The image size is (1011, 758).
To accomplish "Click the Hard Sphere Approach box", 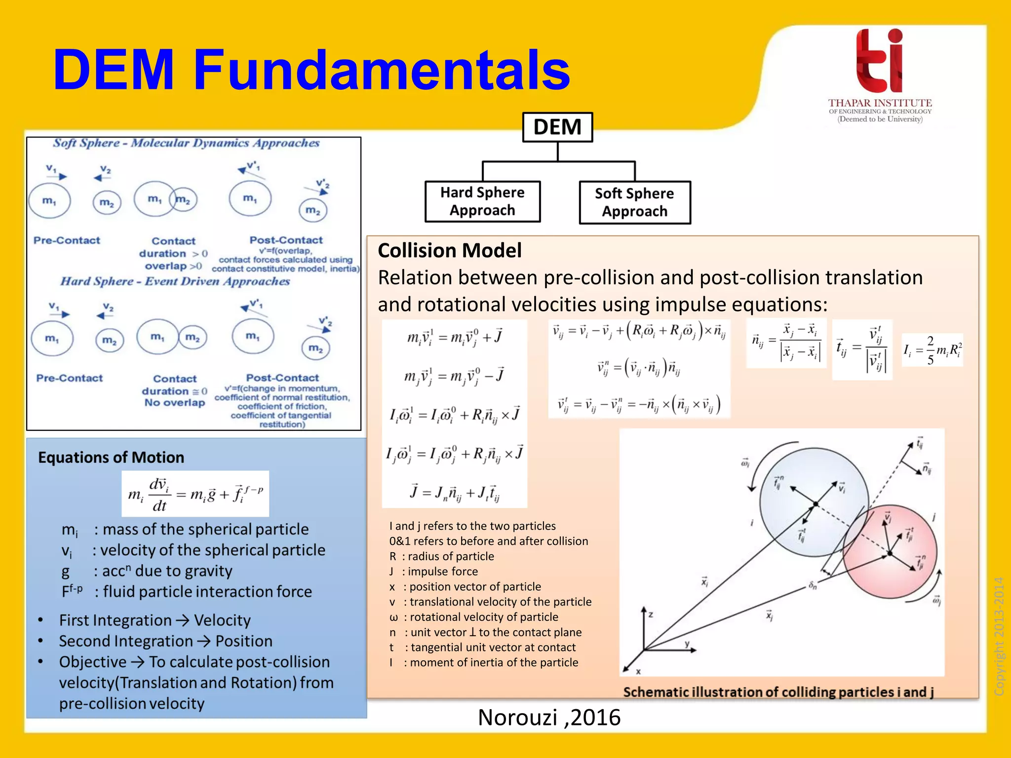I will pos(482,201).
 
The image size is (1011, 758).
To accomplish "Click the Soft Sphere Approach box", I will pos(634,202).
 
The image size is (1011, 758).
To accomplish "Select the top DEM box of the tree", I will pos(557,127).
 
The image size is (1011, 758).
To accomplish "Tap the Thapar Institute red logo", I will pos(880,61).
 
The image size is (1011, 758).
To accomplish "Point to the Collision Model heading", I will pos(449,251).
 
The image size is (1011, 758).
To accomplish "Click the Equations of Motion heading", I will pos(111,457).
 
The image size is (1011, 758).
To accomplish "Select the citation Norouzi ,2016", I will pos(549,717).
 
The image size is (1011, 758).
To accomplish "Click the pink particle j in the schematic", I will pos(903,568).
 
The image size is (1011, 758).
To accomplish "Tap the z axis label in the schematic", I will pos(651,615).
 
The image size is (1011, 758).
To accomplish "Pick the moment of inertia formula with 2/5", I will pos(932,350).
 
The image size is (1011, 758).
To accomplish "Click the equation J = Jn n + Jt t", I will pos(455,493).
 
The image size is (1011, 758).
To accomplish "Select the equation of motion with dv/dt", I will pos(195,493).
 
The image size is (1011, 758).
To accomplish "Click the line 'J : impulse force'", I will pos(433,571).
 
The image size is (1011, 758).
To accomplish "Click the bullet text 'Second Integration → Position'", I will pos(165,641).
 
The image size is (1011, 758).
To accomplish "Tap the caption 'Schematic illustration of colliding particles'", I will pos(778,692).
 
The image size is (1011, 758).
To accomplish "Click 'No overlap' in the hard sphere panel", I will pos(175,403).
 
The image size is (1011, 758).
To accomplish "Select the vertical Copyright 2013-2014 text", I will pos(999,636).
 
